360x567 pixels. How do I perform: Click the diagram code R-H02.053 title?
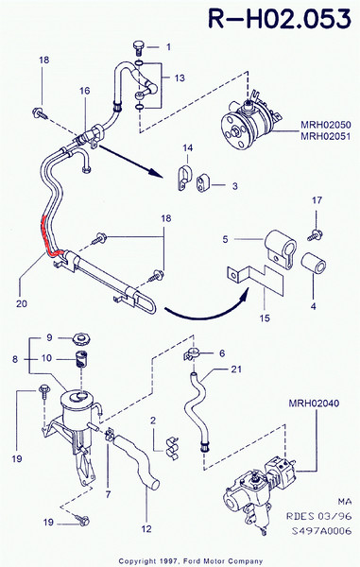click(280, 19)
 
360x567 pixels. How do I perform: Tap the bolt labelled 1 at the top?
click(139, 48)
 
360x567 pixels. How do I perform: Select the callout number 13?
click(180, 78)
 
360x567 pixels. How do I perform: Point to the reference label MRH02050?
click(325, 125)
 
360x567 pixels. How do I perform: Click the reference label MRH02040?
click(314, 403)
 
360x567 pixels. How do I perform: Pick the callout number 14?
click(188, 147)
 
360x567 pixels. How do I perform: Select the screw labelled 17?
click(316, 235)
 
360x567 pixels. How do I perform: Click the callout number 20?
click(22, 303)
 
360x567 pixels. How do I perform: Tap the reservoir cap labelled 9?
click(81, 339)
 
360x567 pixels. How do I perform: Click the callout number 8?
click(15, 359)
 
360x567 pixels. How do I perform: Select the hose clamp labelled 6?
click(193, 354)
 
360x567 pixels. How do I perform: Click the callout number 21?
click(236, 369)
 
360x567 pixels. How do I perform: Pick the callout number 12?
click(146, 528)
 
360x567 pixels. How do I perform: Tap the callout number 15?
click(265, 318)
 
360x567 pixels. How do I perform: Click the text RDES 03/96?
click(318, 516)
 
